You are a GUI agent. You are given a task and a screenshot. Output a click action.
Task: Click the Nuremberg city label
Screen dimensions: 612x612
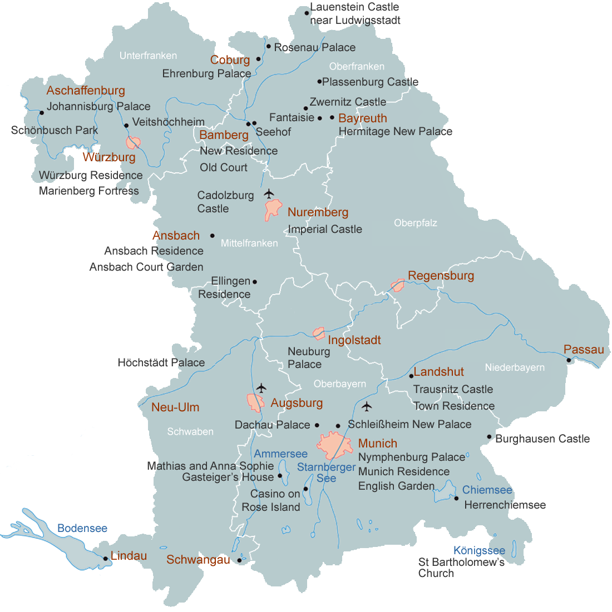tap(318, 212)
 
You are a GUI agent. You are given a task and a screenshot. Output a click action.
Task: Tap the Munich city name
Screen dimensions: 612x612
tap(377, 444)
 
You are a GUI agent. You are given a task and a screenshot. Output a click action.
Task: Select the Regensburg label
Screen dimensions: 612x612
tap(441, 276)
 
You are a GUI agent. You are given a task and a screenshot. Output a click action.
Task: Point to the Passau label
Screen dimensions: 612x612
tap(584, 350)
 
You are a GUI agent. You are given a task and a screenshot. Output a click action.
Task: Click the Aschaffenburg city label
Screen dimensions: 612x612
tap(86, 91)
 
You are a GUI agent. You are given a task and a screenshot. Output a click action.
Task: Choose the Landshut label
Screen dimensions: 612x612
tap(438, 372)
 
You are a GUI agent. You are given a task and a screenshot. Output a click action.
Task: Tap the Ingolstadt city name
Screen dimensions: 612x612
tap(354, 340)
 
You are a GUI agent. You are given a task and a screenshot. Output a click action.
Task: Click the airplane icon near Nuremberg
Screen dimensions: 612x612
tap(269, 193)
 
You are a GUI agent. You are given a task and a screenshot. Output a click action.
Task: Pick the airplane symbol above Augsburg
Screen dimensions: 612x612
tap(261, 387)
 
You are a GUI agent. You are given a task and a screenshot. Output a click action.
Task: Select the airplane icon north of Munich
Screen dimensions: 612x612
tap(366, 407)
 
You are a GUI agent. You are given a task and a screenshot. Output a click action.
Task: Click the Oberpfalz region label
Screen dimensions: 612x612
tap(416, 223)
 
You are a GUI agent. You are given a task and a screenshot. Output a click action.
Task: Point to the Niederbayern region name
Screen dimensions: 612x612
tap(515, 367)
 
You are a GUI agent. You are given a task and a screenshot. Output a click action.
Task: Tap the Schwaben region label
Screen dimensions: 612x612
tap(190, 432)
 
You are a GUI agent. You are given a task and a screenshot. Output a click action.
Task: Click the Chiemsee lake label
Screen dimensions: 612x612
tap(487, 490)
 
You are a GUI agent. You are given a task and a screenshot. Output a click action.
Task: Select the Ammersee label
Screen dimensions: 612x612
tap(280, 454)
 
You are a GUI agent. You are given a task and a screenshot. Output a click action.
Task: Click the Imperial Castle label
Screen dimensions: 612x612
tap(325, 229)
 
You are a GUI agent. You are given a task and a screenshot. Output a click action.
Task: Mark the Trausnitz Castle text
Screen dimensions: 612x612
tap(453, 389)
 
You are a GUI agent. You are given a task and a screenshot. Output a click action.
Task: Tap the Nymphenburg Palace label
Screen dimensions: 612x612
tap(412, 457)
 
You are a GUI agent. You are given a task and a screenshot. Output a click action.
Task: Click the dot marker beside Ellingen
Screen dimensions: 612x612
tap(255, 282)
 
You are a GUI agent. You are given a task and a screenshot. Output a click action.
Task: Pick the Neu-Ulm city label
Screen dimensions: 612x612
tap(175, 407)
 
